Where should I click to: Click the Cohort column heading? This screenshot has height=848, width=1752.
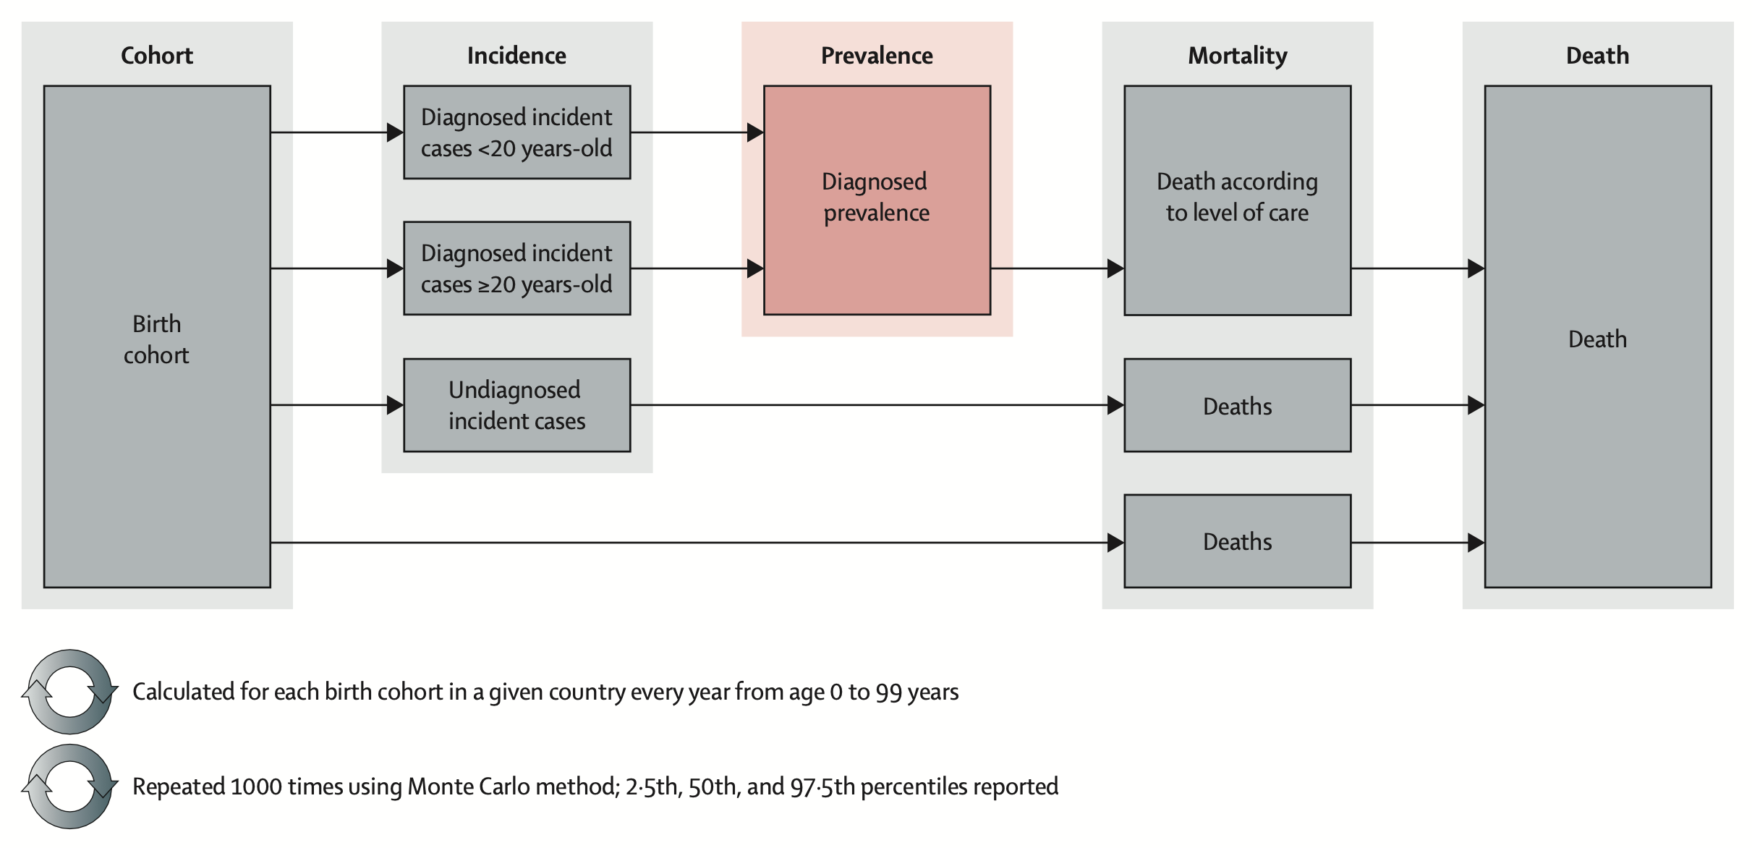click(156, 56)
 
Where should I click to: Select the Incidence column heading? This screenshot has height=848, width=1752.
click(516, 56)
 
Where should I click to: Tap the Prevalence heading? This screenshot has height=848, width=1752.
click(877, 56)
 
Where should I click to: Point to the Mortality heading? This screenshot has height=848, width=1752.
click(1237, 56)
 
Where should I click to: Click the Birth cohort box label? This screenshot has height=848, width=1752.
click(156, 339)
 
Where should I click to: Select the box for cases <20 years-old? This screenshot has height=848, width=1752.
click(516, 132)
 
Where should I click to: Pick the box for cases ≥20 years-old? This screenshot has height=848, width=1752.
click(516, 268)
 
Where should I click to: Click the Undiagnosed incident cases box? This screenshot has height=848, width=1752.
click(516, 405)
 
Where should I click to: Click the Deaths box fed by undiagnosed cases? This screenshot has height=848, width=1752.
click(1237, 406)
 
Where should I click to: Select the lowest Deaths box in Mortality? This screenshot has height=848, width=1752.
click(1237, 541)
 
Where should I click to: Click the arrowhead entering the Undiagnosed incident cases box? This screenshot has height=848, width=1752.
click(395, 405)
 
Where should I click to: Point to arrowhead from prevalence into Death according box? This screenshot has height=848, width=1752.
click(1115, 268)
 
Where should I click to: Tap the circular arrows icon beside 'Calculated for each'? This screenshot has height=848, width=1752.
click(70, 692)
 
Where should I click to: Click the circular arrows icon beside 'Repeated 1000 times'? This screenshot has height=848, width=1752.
click(70, 786)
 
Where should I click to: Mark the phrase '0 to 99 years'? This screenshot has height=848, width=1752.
click(894, 692)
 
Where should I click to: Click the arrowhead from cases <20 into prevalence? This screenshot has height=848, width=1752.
click(755, 132)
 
